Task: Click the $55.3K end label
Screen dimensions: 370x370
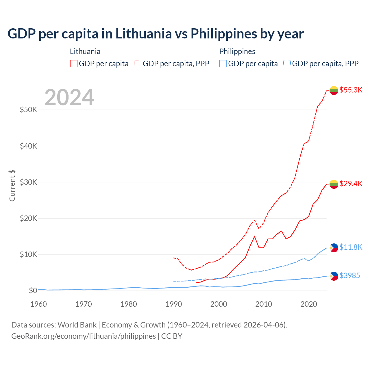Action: click(x=351, y=90)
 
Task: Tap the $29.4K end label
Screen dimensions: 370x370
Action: click(x=351, y=184)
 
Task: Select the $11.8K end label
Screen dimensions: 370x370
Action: click(x=351, y=247)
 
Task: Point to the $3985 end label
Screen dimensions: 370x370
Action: click(x=349, y=275)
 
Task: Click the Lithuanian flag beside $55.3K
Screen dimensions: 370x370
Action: click(x=334, y=90)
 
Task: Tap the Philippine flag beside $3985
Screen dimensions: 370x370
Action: click(x=334, y=276)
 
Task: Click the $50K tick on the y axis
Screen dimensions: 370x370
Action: click(x=28, y=110)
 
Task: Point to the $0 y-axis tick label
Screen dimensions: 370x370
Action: click(x=33, y=291)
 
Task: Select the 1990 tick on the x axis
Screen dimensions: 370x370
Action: click(x=174, y=304)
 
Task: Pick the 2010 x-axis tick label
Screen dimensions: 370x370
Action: click(x=264, y=304)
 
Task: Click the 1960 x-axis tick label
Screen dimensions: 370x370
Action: click(x=39, y=304)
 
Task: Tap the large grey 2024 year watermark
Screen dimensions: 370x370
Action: click(x=69, y=97)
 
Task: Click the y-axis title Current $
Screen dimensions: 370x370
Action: click(x=12, y=186)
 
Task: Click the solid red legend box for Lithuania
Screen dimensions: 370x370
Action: click(x=74, y=64)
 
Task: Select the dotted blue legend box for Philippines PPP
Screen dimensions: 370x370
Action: click(x=287, y=64)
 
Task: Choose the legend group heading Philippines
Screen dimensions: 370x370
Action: click(x=237, y=51)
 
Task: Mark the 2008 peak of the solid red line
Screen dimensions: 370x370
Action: click(x=254, y=236)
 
